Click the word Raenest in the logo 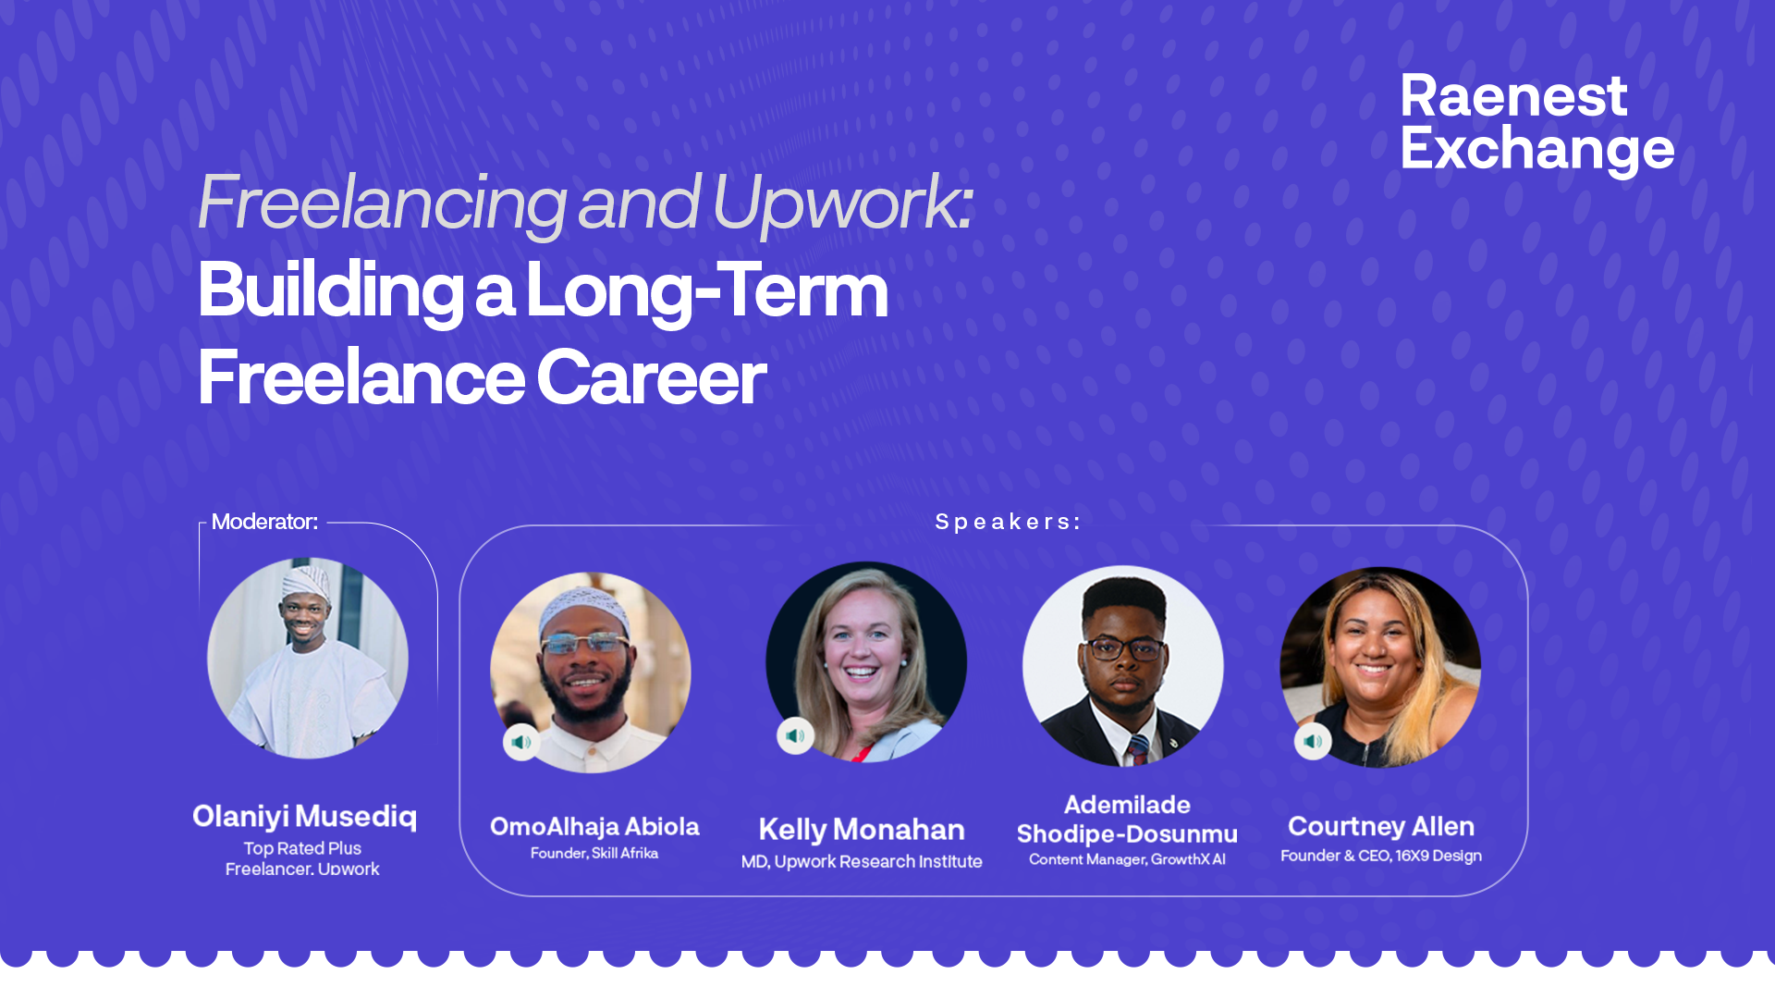[1513, 96]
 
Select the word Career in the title [651, 377]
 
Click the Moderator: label [264, 522]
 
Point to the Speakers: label [1008, 522]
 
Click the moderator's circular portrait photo [308, 658]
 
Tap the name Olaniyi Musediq [304, 817]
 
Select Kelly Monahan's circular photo [866, 662]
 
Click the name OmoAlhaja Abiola [594, 826]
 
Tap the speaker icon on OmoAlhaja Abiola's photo [521, 742]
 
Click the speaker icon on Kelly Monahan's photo [795, 736]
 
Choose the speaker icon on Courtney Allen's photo [1313, 741]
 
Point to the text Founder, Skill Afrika [594, 853]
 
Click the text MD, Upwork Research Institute [862, 861]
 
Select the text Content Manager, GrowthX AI [1127, 859]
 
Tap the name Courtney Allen [1381, 826]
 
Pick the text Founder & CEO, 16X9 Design [1381, 856]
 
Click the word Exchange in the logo [1537, 149]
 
